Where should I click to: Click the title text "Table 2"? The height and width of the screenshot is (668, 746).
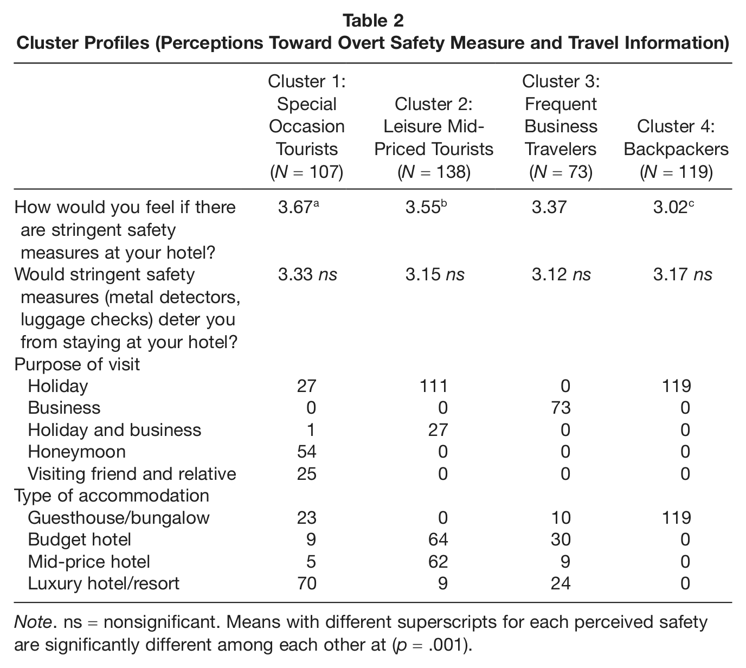coord(373,21)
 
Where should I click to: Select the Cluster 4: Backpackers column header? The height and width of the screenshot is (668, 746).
coord(676,149)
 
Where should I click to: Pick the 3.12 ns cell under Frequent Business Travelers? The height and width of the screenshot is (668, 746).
coord(561,275)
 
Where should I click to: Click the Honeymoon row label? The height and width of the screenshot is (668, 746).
coord(76,452)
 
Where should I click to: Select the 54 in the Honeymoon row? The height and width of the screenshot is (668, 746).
coord(307,452)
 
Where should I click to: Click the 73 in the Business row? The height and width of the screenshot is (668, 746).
coord(561,408)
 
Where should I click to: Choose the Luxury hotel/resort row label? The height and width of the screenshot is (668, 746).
coord(104,583)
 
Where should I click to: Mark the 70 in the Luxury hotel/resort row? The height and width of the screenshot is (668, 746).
coord(307,583)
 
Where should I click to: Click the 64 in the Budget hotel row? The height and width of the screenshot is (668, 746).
coord(438,540)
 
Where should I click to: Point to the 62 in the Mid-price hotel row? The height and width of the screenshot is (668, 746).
coord(438,562)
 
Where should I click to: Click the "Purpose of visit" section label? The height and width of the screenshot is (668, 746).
coord(77,364)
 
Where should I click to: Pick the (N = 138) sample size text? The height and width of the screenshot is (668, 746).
coord(434,172)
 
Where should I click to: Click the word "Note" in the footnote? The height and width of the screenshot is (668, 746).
coord(33,622)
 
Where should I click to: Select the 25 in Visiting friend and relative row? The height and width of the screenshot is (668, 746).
coord(307,474)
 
